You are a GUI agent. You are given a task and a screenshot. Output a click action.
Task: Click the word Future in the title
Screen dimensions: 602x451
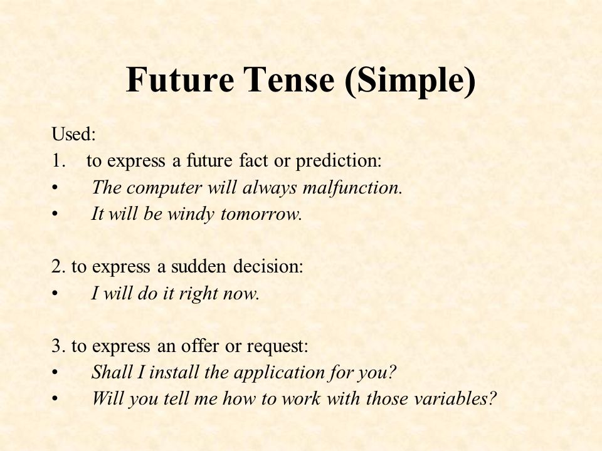point(180,79)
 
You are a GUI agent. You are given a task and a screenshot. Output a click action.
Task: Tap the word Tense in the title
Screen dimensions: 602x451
point(288,79)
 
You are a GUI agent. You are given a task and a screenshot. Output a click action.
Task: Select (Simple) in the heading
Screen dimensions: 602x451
point(409,81)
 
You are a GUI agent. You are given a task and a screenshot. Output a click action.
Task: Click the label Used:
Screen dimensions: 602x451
point(73,134)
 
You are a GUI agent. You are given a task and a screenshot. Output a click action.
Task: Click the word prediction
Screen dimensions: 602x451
point(339,161)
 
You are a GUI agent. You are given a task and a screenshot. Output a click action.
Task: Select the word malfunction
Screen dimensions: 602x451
point(352,188)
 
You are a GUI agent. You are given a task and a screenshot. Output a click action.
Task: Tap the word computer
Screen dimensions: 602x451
point(164,189)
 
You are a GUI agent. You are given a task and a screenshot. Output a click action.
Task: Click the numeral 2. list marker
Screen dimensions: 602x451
point(58,267)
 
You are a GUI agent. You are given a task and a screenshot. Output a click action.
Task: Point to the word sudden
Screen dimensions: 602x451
point(199,267)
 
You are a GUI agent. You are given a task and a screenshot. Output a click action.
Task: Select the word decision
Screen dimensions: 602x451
point(268,267)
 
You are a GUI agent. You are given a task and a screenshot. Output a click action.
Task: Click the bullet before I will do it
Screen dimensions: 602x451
point(55,294)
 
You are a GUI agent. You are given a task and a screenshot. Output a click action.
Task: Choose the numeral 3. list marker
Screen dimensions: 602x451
point(58,346)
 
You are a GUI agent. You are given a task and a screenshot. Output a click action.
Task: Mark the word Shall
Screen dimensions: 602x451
point(112,372)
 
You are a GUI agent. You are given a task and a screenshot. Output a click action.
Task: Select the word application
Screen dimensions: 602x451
point(279,373)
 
